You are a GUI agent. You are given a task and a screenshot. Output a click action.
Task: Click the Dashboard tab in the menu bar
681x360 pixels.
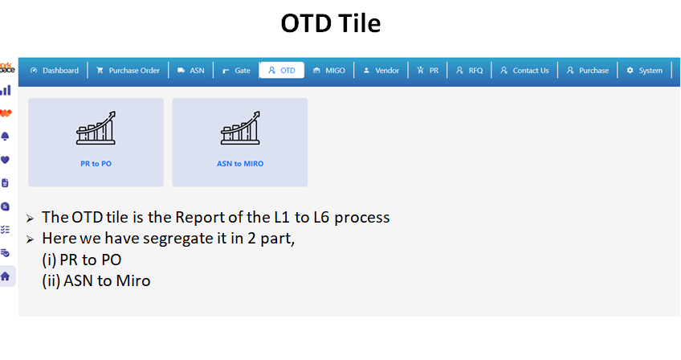(55, 71)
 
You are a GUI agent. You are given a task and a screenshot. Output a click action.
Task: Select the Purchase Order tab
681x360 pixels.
(128, 71)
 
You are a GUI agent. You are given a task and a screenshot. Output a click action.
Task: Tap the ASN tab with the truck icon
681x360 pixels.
(190, 71)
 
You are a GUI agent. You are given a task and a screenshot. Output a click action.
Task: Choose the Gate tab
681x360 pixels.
(236, 71)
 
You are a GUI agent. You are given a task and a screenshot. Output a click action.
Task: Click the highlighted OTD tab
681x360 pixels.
(281, 71)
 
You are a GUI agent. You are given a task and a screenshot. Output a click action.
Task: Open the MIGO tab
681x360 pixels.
(329, 71)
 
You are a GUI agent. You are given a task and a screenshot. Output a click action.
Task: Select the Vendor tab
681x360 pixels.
(381, 71)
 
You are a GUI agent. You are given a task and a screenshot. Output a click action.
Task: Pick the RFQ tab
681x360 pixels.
(469, 71)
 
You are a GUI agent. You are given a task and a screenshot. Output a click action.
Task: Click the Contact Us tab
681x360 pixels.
(524, 71)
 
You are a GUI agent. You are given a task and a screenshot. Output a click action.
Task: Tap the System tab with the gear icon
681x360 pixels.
(645, 71)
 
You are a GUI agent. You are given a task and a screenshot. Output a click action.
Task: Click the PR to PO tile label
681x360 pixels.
(96, 164)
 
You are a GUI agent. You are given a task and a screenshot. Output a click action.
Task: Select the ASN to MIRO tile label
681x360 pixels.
(240, 164)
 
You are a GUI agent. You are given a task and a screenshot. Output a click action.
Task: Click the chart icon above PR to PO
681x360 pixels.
(96, 128)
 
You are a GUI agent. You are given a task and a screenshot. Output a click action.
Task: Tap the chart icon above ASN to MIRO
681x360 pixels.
(240, 128)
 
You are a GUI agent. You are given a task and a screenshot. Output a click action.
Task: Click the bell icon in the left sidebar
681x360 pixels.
(5, 137)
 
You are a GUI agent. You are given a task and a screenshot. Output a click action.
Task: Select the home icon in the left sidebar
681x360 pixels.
(5, 276)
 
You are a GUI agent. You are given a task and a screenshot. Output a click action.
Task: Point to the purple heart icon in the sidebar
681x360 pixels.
(5, 160)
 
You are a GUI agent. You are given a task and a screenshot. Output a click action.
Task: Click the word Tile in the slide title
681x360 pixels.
(359, 23)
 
